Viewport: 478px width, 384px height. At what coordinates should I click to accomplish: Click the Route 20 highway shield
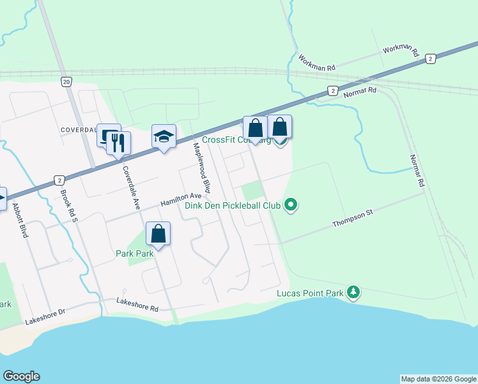point(66,82)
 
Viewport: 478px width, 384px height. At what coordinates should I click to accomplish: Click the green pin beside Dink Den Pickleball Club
point(291,205)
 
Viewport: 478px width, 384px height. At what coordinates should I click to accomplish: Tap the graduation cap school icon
point(164,136)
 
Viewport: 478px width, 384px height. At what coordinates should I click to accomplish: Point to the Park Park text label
point(135,253)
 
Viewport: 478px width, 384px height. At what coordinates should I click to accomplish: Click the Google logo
point(21,376)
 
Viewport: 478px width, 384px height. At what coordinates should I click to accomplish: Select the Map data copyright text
point(438,379)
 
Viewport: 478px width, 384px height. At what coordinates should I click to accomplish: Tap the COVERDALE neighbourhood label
point(78,129)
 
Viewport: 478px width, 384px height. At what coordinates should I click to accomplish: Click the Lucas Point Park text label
point(310,294)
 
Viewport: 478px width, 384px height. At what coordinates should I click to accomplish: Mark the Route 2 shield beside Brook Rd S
point(59,180)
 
